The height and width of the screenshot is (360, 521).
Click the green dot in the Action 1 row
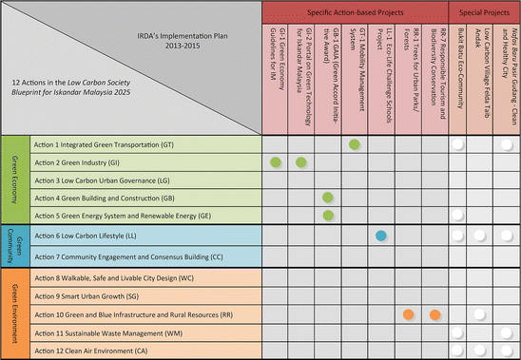click(x=355, y=144)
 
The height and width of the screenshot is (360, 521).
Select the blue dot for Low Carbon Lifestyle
click(x=380, y=235)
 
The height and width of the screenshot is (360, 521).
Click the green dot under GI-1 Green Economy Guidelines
click(x=275, y=162)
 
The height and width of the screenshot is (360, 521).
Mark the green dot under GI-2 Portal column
click(x=301, y=162)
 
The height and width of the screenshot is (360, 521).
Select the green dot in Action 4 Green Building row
click(x=328, y=198)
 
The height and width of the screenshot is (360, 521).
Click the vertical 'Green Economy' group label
click(x=14, y=180)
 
